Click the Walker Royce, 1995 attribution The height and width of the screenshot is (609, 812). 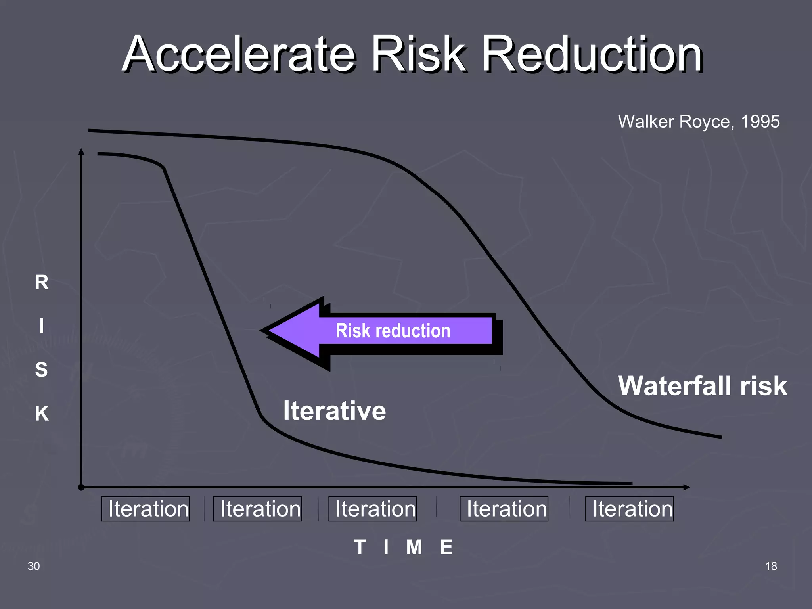tap(699, 121)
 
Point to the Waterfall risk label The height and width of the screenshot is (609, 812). tap(702, 386)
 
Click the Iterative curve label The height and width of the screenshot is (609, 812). tap(334, 411)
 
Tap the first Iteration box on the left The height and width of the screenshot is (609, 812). tap(146, 509)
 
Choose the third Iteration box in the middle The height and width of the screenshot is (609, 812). tap(373, 509)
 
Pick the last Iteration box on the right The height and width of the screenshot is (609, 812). tap(630, 509)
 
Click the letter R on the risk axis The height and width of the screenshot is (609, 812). tap(42, 283)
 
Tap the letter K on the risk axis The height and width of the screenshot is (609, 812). tap(42, 414)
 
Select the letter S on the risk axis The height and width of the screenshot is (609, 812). tap(42, 370)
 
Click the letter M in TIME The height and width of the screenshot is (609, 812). tap(414, 547)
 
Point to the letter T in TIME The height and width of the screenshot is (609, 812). tap(360, 547)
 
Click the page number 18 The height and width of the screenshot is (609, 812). tap(771, 566)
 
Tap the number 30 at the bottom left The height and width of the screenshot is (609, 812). tap(34, 566)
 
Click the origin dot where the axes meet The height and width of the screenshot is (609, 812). tap(81, 487)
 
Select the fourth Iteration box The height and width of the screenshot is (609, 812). tap(504, 509)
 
